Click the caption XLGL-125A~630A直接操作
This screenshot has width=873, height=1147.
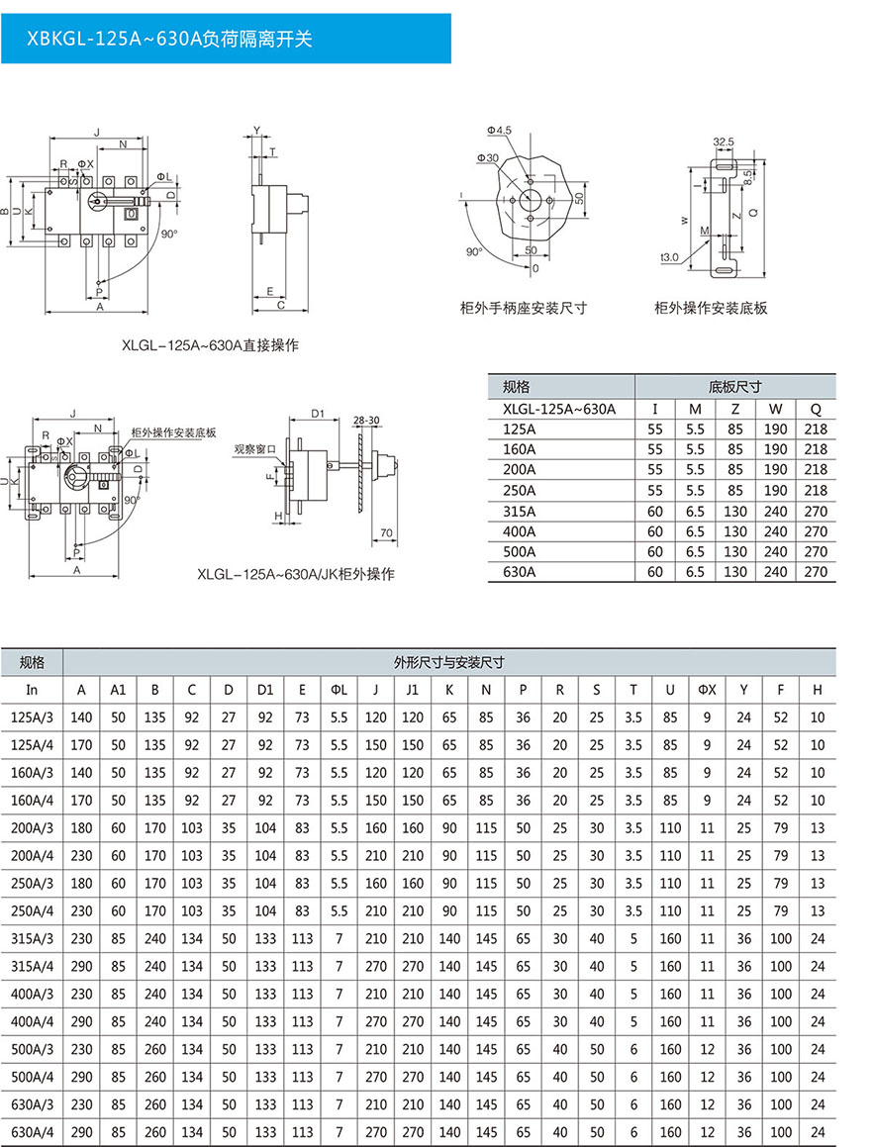(210, 345)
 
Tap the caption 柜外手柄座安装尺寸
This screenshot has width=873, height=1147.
(524, 308)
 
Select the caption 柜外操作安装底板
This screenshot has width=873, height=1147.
(711, 308)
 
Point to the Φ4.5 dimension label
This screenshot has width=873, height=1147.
(499, 131)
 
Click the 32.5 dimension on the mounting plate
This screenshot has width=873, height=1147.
(723, 142)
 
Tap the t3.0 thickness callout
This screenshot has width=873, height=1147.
(670, 257)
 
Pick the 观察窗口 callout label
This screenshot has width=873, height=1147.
(253, 448)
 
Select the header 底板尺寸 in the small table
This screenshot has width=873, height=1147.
(734, 387)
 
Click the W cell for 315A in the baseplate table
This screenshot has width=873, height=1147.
(776, 511)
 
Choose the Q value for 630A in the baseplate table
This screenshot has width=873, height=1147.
(816, 572)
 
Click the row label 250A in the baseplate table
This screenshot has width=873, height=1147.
(520, 491)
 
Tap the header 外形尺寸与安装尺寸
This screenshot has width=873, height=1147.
(448, 662)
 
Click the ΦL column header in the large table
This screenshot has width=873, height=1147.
(339, 689)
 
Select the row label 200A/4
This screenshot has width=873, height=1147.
(31, 855)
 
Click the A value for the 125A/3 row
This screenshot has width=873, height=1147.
(81, 717)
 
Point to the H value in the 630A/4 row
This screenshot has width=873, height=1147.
(817, 1131)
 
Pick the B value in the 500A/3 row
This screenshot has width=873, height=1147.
(154, 1048)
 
